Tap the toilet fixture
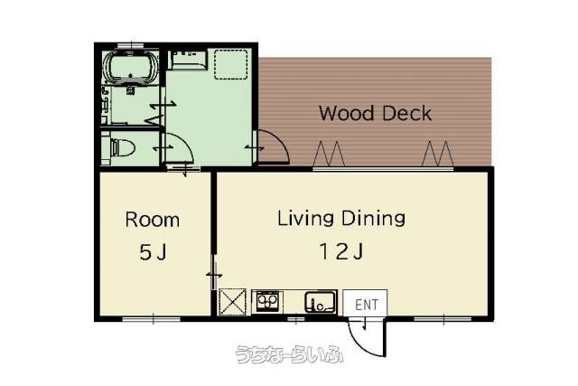122,148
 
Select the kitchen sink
320,302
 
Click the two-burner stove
267,302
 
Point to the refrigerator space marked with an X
233,302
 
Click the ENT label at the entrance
367,305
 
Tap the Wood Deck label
375,113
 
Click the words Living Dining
341,218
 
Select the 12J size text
341,251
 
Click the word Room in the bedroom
153,220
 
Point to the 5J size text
153,252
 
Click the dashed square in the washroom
231,64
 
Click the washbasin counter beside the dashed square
188,61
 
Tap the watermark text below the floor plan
289,354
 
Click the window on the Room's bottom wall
152,318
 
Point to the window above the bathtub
130,45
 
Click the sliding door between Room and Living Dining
214,272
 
